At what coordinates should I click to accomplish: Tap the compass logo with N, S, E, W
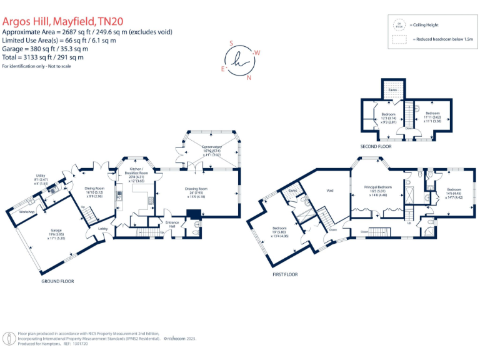[241, 61]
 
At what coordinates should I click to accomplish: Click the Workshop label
[26, 212]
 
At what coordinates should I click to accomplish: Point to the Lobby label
[102, 229]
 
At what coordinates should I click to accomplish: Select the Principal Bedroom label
[379, 187]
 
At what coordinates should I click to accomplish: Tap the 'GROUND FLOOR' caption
[57, 281]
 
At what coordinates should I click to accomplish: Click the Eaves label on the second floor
[392, 90]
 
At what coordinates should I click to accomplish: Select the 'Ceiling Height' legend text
[426, 26]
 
